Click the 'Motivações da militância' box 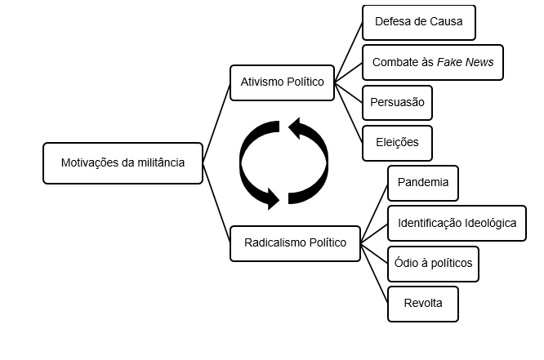[123, 162]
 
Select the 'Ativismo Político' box [282, 82]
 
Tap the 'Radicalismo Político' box [295, 242]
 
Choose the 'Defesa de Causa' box [418, 22]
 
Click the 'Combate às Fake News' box [432, 62]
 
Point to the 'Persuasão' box [397, 103]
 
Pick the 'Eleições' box [397, 142]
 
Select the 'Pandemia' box [422, 183]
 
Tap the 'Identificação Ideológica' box [456, 223]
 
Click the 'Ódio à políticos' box [432, 263]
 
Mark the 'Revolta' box [422, 303]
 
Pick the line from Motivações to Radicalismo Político [216, 203]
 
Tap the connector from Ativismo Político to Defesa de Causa [349, 51]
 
